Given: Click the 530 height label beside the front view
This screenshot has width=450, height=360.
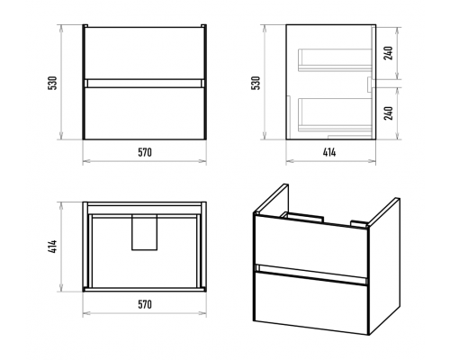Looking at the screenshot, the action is [53, 83].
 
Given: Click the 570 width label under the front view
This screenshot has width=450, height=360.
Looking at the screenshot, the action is [145, 152].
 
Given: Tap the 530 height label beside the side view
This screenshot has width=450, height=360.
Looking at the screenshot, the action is [256, 83].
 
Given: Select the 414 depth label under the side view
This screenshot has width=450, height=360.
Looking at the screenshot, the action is [329, 152].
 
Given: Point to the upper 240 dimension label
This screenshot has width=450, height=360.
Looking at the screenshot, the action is [389, 53].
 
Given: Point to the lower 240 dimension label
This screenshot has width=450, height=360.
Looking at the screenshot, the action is [389, 113].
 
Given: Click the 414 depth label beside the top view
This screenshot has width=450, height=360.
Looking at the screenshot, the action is [53, 247].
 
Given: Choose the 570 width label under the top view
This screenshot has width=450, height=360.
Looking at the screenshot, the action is [145, 304].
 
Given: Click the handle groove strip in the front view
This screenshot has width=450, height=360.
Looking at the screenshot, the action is [144, 84].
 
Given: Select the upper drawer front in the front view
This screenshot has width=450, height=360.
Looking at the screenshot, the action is [144, 53].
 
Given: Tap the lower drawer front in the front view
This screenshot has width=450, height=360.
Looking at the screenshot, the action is [144, 113].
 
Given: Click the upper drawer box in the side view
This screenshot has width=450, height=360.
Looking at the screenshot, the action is [335, 60].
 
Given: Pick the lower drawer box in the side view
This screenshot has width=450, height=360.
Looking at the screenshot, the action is [335, 114].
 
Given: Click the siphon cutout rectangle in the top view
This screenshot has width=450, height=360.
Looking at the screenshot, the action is [144, 232].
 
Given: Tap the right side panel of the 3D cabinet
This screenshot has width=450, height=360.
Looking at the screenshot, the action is [384, 265].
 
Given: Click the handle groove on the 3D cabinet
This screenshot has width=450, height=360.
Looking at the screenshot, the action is [311, 274].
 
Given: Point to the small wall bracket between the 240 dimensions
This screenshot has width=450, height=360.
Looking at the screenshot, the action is [370, 84].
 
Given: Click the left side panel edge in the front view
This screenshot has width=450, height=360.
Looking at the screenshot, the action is [84, 82].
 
